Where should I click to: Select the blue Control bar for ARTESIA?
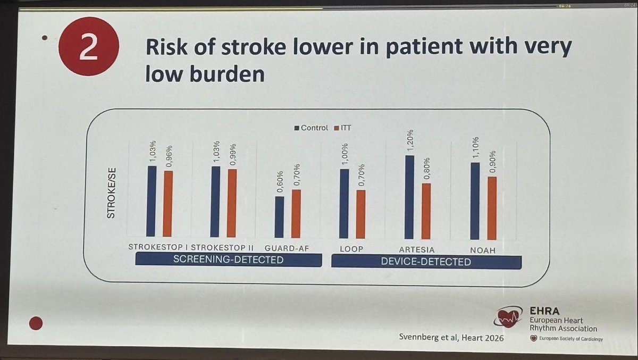409,197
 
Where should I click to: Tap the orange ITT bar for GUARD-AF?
296,213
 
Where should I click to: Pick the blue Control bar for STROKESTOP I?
151,201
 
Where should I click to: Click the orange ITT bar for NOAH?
492,208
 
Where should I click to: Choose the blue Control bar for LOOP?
344,204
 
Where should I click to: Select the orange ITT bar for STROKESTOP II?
231,203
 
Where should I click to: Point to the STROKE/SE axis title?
112,192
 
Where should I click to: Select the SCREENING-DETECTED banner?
229,260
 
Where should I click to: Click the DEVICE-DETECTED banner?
426,262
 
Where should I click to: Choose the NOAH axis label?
483,249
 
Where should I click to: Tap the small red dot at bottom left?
36,323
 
